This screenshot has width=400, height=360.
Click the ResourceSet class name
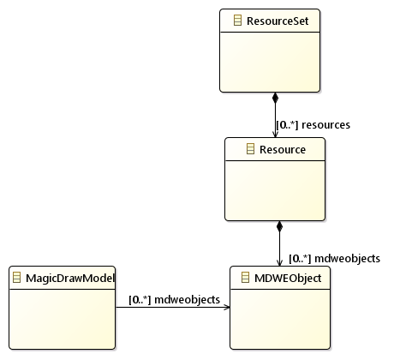click(278, 21)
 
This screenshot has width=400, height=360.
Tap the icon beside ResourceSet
click(237, 21)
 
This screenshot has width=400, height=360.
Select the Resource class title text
click(283, 150)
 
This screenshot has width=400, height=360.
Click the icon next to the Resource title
click(250, 149)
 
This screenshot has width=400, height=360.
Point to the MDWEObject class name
click(288, 278)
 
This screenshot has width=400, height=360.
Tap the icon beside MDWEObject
click(245, 278)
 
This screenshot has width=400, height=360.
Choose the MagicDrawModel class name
click(70, 279)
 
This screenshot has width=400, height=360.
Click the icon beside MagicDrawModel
click(17, 278)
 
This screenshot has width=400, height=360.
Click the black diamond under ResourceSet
click(275, 98)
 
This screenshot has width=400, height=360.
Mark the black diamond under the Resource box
click(279, 226)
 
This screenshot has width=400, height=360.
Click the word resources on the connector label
click(325, 125)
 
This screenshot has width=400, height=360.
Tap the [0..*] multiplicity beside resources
click(287, 125)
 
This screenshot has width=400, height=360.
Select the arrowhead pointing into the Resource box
click(275, 135)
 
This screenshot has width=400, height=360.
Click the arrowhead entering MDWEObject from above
click(279, 263)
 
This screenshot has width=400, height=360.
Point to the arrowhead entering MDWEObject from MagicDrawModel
click(227, 308)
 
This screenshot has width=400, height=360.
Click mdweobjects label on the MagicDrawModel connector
click(187, 300)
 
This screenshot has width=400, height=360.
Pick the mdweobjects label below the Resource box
click(347, 259)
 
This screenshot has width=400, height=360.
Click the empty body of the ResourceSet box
click(270, 62)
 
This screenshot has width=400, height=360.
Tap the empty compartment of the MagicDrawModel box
click(63, 319)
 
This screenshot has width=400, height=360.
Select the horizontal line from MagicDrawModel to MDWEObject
click(173, 308)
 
